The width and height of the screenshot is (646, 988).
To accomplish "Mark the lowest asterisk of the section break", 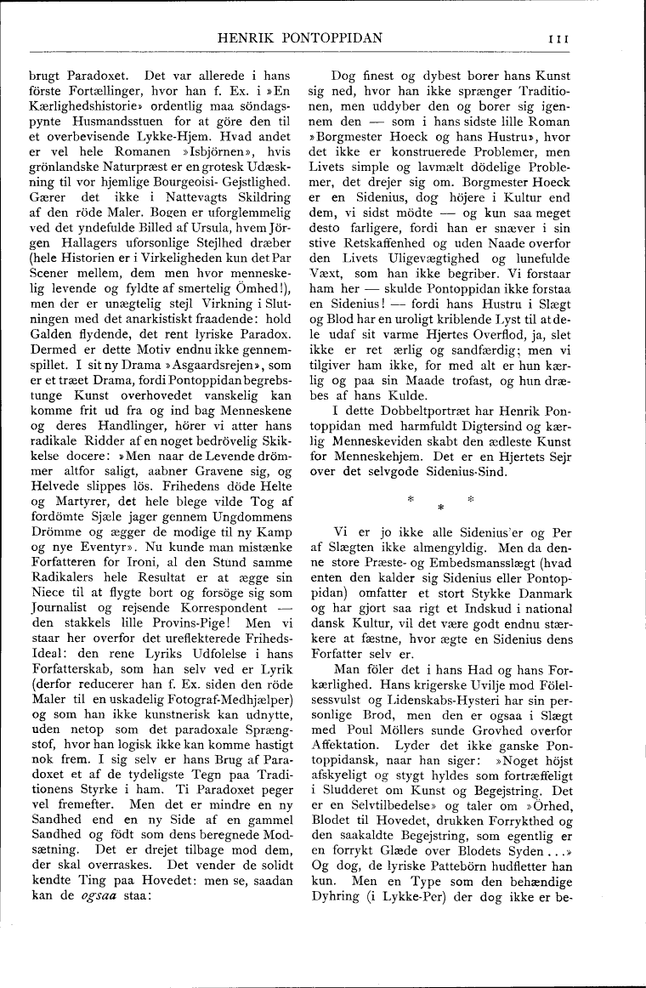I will coord(440,508).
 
